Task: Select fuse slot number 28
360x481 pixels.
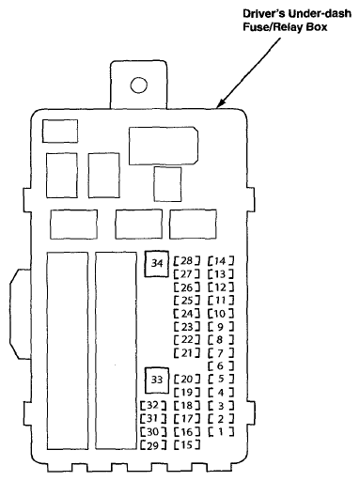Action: point(187,260)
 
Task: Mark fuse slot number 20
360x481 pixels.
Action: point(187,379)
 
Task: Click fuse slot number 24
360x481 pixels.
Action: point(187,313)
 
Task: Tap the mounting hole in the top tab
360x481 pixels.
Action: point(139,85)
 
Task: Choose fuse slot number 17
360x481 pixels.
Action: point(187,418)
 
